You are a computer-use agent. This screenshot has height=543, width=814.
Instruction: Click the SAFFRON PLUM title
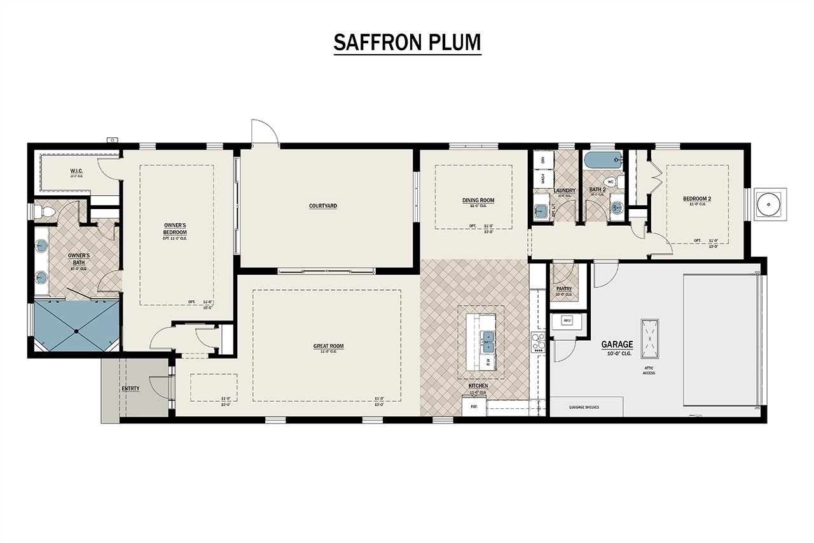tap(407, 42)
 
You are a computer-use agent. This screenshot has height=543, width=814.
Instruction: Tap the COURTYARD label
tap(323, 206)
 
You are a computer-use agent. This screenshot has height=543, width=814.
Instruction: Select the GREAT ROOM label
tap(328, 347)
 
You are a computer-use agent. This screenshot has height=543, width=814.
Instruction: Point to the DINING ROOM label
tap(478, 200)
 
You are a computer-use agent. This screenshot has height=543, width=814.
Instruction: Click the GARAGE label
tap(617, 345)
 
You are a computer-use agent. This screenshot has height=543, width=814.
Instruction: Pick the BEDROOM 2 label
tap(697, 199)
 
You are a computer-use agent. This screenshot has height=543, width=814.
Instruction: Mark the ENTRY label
tap(130, 388)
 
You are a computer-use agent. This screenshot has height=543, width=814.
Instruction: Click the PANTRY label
tap(563, 289)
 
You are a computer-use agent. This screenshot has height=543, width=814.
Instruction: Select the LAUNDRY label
tap(565, 191)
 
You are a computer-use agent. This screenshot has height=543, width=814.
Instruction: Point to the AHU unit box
tap(567, 321)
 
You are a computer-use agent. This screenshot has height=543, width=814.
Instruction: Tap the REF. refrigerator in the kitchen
tap(474, 406)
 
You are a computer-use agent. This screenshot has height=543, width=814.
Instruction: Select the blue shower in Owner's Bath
tap(76, 326)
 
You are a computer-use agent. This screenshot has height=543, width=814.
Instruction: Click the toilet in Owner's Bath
tap(46, 210)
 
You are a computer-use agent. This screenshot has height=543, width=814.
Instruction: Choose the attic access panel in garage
tap(649, 338)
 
